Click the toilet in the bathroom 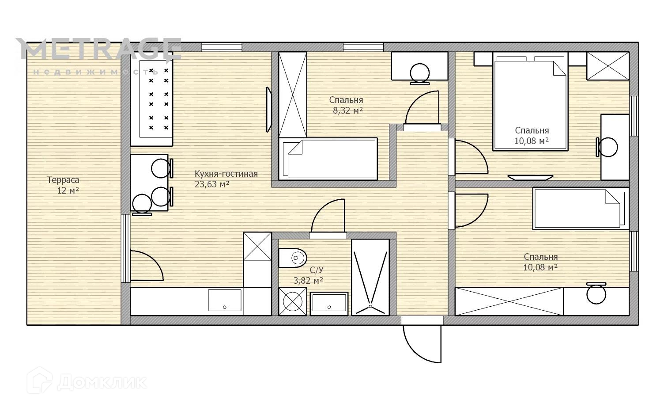pyautogui.click(x=292, y=258)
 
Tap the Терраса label pyautogui.click(x=63, y=180)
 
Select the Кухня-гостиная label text pyautogui.click(x=226, y=174)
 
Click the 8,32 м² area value pyautogui.click(x=348, y=110)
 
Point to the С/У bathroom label pyautogui.click(x=317, y=270)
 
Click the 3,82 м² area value pyautogui.click(x=308, y=281)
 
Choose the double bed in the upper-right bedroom pyautogui.click(x=530, y=102)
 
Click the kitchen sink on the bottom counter pyautogui.click(x=224, y=301)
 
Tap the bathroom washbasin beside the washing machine pyautogui.click(x=329, y=303)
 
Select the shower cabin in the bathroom pyautogui.click(x=370, y=277)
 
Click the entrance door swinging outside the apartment pyautogui.click(x=422, y=344)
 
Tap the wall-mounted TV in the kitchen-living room pyautogui.click(x=269, y=110)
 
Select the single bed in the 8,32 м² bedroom pyautogui.click(x=328, y=159)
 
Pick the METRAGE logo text pyautogui.click(x=99, y=49)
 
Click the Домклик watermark pyautogui.click(x=87, y=382)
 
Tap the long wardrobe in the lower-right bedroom pyautogui.click(x=509, y=301)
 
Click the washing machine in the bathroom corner pyautogui.click(x=293, y=301)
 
